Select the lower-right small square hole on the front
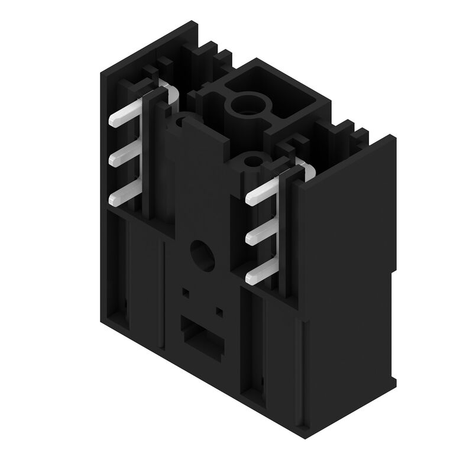pos(219,310)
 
